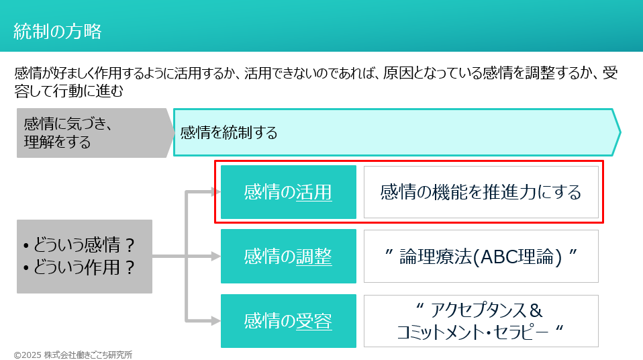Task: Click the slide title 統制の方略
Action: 58,30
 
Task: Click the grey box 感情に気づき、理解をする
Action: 91,133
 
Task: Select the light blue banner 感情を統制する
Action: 396,132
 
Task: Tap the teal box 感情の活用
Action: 288,192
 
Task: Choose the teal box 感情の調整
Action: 288,256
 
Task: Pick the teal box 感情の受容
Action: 288,321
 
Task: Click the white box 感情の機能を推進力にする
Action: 481,192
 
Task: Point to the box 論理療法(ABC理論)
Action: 481,256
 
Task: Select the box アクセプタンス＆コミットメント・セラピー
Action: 481,321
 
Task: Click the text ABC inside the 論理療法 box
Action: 495,257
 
